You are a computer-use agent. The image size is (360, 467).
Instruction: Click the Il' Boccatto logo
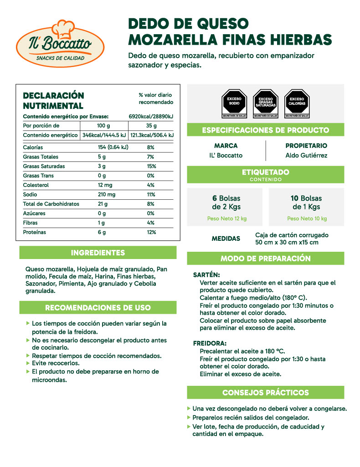(x=54, y=42)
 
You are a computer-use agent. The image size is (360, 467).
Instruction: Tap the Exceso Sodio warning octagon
(x=234, y=103)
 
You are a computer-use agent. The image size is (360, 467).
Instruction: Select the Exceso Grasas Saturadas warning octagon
(x=266, y=103)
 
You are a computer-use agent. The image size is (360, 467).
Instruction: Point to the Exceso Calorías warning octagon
(x=297, y=103)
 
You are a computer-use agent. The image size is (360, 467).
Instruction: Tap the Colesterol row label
(x=36, y=185)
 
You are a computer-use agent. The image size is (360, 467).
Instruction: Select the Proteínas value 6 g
(x=101, y=232)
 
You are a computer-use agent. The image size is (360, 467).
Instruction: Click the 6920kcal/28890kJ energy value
(x=151, y=117)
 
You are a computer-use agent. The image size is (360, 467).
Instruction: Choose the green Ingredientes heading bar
(x=98, y=253)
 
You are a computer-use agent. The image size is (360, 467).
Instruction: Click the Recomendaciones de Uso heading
(x=98, y=308)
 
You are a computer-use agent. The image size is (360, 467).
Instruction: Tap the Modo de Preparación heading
(x=265, y=259)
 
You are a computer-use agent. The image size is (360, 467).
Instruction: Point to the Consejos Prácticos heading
(x=265, y=393)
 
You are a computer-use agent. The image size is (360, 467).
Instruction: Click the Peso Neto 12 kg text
(x=226, y=218)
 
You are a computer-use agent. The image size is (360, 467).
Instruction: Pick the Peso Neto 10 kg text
(x=307, y=218)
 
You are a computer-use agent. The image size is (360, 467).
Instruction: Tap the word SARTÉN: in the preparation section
(x=206, y=275)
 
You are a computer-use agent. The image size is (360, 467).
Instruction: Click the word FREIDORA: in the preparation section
(x=210, y=343)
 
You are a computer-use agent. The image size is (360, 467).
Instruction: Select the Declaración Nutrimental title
(x=53, y=100)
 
